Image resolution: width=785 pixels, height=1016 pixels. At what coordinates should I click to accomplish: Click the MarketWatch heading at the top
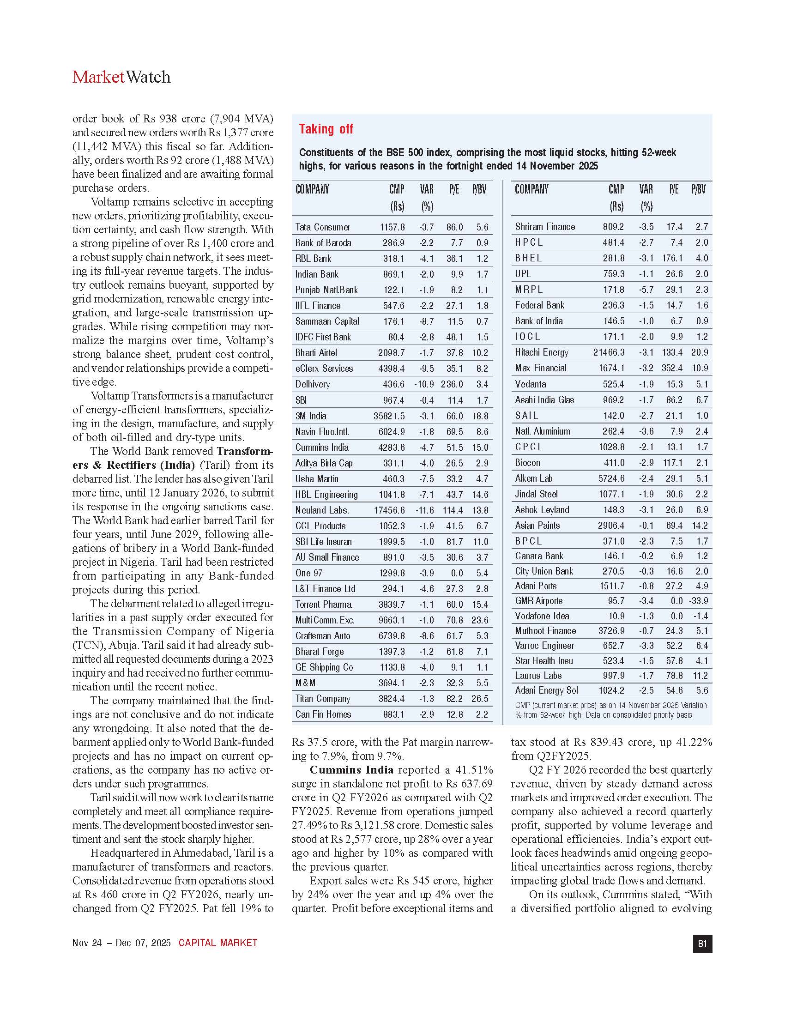click(121, 77)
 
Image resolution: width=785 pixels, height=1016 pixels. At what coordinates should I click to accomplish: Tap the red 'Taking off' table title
click(326, 129)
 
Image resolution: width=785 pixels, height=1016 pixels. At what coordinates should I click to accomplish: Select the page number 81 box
click(702, 943)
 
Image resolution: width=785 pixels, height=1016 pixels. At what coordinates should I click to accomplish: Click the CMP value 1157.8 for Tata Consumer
click(392, 227)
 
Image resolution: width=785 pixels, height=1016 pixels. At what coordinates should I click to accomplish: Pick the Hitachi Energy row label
click(541, 352)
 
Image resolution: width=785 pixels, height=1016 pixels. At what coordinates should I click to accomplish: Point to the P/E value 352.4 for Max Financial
click(672, 368)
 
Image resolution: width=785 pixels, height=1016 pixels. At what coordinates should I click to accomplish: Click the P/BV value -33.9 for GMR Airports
click(699, 600)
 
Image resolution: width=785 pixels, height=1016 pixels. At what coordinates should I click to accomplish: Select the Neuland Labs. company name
click(322, 510)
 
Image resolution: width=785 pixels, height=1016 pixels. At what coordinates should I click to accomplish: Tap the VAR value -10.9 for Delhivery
click(423, 384)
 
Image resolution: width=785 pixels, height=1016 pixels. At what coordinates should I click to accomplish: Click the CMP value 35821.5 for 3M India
click(389, 416)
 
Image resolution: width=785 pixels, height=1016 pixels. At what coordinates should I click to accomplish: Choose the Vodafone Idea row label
click(542, 616)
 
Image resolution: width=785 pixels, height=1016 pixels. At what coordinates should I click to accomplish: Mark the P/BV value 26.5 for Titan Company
click(480, 698)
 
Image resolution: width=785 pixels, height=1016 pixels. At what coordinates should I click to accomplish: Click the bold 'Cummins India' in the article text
click(351, 770)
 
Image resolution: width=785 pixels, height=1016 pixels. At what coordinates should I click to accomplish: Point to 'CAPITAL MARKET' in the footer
click(217, 943)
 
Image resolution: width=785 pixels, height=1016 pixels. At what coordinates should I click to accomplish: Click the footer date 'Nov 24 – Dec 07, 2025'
click(121, 943)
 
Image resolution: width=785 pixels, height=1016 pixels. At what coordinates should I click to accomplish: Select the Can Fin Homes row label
click(323, 714)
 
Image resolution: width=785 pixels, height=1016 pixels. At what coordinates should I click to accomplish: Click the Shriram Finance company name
click(544, 227)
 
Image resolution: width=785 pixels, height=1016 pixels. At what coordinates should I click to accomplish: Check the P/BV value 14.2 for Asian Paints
click(700, 526)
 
